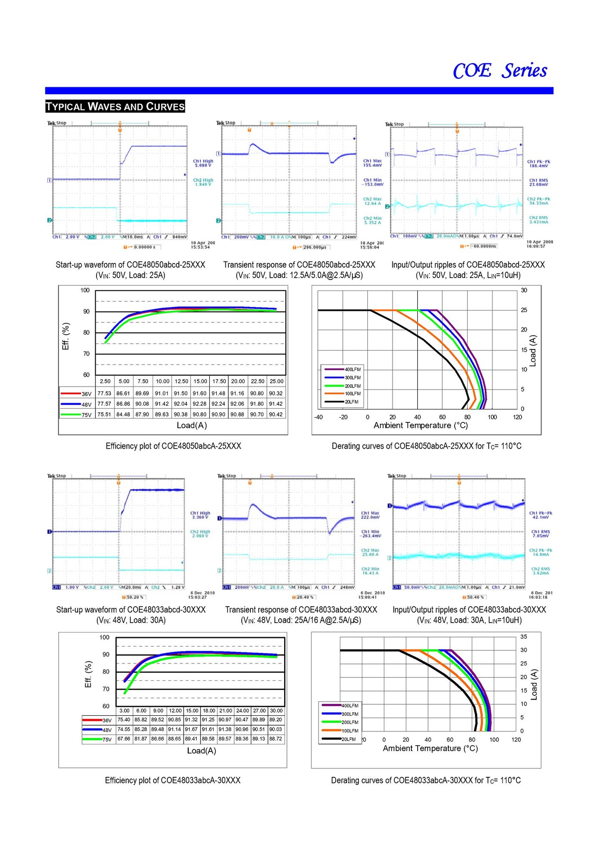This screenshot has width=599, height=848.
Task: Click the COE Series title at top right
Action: pyautogui.click(x=500, y=71)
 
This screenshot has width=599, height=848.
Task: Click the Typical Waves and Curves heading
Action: pyautogui.click(x=115, y=107)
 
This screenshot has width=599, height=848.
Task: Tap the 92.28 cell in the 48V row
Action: pyautogui.click(x=200, y=404)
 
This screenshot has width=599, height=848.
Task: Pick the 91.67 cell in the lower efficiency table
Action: pyautogui.click(x=191, y=729)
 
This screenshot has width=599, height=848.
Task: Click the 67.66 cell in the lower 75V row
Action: pyautogui.click(x=124, y=739)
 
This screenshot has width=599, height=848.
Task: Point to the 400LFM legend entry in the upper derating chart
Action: pyautogui.click(x=352, y=369)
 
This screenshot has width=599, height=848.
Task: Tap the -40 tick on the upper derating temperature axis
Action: pyautogui.click(x=318, y=417)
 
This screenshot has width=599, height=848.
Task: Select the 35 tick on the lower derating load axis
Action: pyautogui.click(x=523, y=637)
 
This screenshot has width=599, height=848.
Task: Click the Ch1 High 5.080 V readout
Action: pyautogui.click(x=203, y=163)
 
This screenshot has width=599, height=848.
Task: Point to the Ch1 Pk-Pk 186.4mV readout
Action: pyautogui.click(x=539, y=164)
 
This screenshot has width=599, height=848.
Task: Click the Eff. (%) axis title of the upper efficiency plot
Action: pyautogui.click(x=66, y=336)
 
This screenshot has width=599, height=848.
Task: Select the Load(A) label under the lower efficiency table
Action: pyautogui.click(x=201, y=751)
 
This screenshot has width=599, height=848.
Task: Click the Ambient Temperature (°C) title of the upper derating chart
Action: pyautogui.click(x=421, y=425)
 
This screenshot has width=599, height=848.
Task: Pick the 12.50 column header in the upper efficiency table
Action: pyautogui.click(x=181, y=381)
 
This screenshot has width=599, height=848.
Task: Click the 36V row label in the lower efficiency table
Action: pyautogui.click(x=107, y=720)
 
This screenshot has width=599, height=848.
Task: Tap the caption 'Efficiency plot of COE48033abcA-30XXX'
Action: pyautogui.click(x=173, y=780)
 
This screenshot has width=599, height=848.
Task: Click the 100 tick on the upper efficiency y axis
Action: pyautogui.click(x=85, y=290)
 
